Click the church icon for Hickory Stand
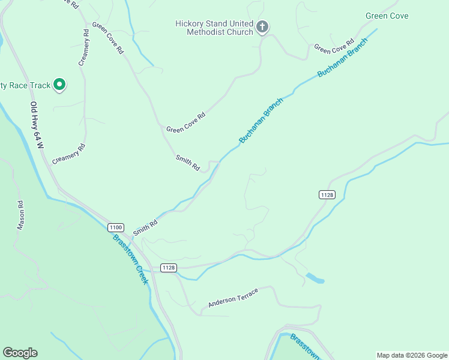point(262,26)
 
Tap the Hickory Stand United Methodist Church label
point(214,28)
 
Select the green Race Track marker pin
point(59,85)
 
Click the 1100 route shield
point(116,227)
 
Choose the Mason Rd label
point(20,215)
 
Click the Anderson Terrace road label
point(233,298)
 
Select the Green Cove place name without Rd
point(387,16)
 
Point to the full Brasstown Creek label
point(130,259)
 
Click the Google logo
point(20,353)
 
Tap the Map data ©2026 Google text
point(411,355)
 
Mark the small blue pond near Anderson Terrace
point(315,278)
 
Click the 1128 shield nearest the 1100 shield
point(169,268)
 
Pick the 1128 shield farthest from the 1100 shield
point(327,194)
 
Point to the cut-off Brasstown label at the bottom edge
point(305,347)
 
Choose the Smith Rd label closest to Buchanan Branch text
point(187,162)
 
